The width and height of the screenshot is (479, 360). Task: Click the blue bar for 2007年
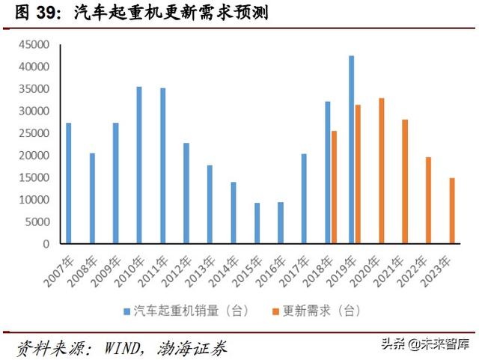click(69, 183)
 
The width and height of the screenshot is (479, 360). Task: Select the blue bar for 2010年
click(139, 165)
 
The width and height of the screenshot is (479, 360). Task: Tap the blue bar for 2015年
click(257, 223)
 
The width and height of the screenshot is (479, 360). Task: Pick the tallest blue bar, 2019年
click(351, 150)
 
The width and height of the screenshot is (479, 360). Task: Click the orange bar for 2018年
click(334, 187)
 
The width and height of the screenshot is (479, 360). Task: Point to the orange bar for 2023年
click(452, 210)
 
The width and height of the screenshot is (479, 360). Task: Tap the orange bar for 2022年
click(428, 200)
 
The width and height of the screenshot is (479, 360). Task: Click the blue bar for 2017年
click(304, 198)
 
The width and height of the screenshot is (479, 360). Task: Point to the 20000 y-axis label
click(32, 156)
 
